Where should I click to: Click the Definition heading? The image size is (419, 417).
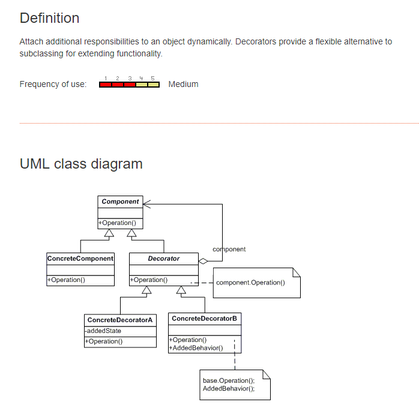[x=49, y=18]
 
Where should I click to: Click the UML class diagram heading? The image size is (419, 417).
[x=81, y=164]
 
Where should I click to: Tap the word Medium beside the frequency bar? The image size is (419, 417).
[x=183, y=84]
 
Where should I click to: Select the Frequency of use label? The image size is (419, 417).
[x=53, y=84]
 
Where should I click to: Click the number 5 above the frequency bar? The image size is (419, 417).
[x=152, y=78]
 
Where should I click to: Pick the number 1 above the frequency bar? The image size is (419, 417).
[x=106, y=78]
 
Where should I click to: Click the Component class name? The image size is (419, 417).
[x=120, y=202]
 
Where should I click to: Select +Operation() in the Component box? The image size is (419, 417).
[x=118, y=223]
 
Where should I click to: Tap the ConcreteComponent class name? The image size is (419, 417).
[x=80, y=259]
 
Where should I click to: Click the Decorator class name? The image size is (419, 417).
[x=163, y=259]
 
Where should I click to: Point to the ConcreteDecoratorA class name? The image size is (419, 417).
[x=120, y=320]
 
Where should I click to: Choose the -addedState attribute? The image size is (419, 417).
[x=103, y=331]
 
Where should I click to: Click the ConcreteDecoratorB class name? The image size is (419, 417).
[x=204, y=319]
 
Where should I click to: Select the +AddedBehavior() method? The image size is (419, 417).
[x=196, y=347]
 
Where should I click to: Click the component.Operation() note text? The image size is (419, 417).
[x=250, y=283]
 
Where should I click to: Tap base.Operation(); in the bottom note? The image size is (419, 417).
[x=229, y=380]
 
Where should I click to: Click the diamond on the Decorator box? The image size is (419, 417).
[x=203, y=261]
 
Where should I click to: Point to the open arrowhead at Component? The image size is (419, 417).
[x=147, y=203]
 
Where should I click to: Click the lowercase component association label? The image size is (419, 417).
[x=229, y=249]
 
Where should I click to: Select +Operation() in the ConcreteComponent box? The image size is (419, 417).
[x=66, y=280]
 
